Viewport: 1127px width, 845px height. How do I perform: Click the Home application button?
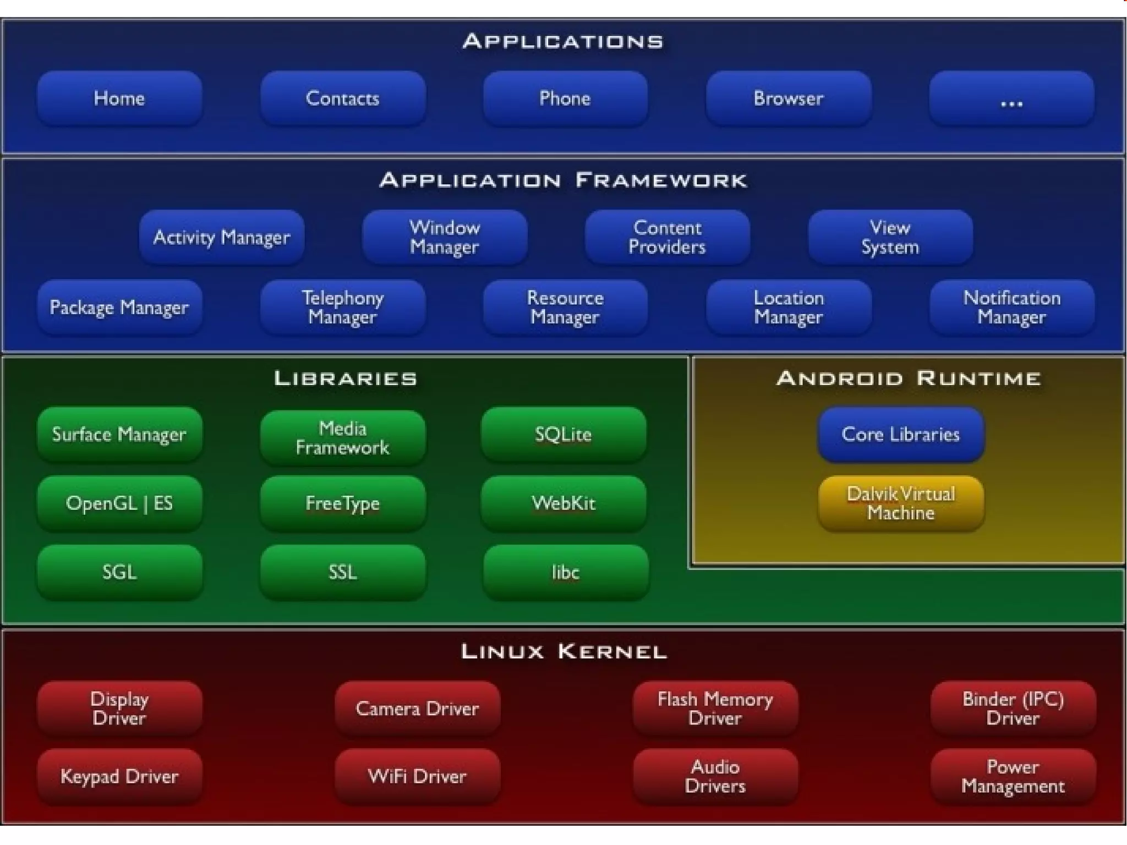(x=119, y=98)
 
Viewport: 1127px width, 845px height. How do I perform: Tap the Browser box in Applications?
(x=788, y=98)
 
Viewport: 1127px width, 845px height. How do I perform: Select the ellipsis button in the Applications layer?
(x=1011, y=98)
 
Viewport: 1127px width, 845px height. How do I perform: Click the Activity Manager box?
(x=221, y=237)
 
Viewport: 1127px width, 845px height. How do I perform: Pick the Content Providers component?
(x=667, y=237)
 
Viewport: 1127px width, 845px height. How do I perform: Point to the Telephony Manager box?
(x=342, y=307)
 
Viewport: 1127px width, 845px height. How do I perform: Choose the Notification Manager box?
(x=1011, y=307)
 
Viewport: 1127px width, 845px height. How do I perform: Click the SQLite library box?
(x=563, y=435)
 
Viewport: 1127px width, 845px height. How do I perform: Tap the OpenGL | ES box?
(x=119, y=503)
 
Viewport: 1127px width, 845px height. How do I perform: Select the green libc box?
(x=565, y=572)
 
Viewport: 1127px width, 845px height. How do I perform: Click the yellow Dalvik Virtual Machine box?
(x=901, y=503)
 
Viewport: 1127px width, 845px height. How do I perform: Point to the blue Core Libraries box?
(x=901, y=435)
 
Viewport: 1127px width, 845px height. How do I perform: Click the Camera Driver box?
(x=417, y=708)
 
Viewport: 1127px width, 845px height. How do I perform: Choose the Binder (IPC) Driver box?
(x=1013, y=708)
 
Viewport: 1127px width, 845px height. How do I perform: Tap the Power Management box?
(x=1013, y=776)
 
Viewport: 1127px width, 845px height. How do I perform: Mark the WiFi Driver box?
(x=417, y=776)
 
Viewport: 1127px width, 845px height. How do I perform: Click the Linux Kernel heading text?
(x=563, y=652)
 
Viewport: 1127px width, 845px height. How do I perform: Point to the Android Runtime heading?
(x=909, y=378)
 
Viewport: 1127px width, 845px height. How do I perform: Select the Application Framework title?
(x=563, y=180)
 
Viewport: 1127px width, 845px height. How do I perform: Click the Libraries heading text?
(x=346, y=378)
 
